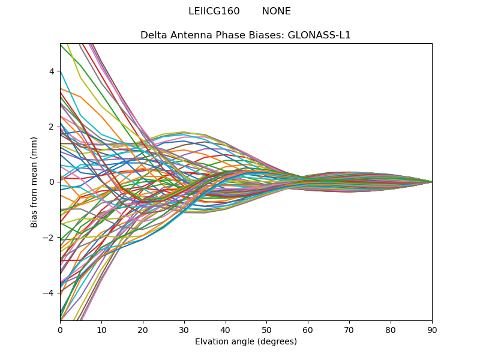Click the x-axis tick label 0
click(x=60, y=329)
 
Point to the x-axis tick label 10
click(x=101, y=329)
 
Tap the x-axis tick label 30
click(x=184, y=329)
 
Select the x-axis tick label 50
click(x=266, y=329)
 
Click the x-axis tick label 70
click(x=349, y=329)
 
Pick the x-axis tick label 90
click(x=432, y=329)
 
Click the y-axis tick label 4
click(x=52, y=71)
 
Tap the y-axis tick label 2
click(x=52, y=127)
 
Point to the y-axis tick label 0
click(x=52, y=182)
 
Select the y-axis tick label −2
click(x=49, y=238)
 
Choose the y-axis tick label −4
click(x=49, y=293)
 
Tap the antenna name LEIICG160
click(x=214, y=11)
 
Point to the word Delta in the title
click(x=153, y=35)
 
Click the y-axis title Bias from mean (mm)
click(x=35, y=182)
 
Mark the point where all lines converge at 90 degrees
click(x=432, y=182)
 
